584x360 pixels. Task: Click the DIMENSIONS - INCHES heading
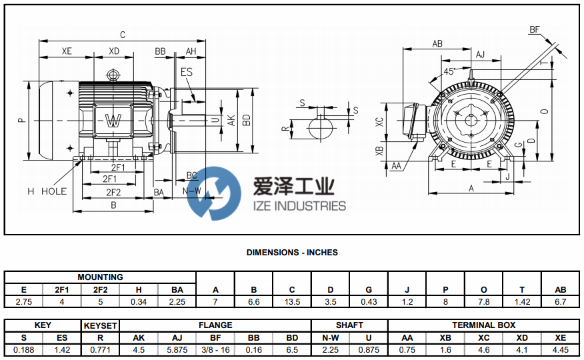(292, 253)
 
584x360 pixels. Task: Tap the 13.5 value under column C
(292, 302)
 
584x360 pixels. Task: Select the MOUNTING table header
(100, 277)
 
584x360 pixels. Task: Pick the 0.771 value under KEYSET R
(100, 350)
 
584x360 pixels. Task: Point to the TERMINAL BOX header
(483, 325)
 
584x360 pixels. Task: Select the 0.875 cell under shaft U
(369, 350)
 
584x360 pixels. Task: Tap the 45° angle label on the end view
(450, 71)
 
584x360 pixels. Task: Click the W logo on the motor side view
(114, 121)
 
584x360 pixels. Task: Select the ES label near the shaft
(187, 71)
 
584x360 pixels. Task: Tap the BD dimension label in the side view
(247, 120)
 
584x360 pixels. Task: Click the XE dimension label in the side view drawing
(67, 51)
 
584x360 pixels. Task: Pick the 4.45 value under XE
(561, 350)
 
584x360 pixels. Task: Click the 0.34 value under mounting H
(139, 302)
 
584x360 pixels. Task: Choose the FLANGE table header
(215, 325)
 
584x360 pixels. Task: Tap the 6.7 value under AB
(561, 302)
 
